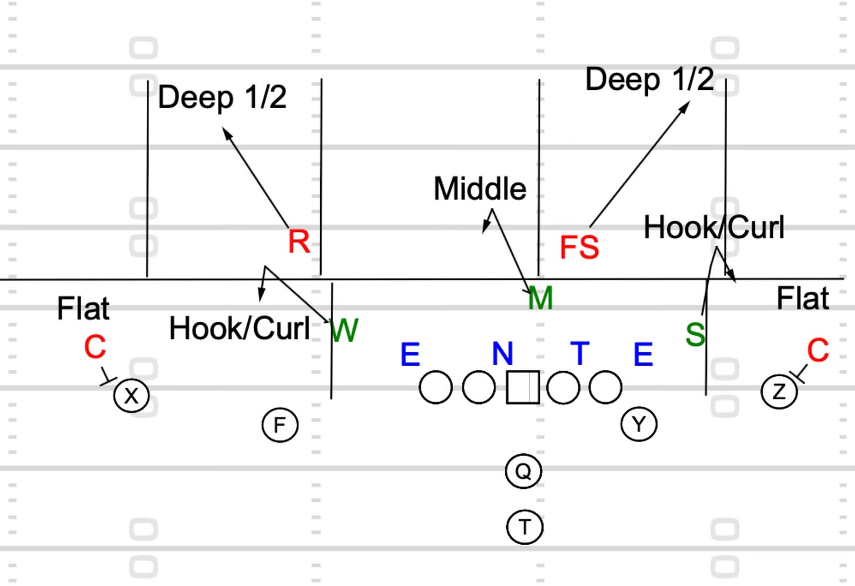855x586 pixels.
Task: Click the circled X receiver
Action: coord(132,396)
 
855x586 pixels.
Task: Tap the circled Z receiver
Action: coord(779,391)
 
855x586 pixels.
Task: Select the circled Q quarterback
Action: coord(523,471)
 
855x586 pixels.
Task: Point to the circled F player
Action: coord(280,425)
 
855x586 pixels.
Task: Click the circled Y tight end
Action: coord(639,423)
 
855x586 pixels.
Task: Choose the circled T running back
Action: coord(524,527)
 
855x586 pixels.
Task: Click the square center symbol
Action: coord(523,387)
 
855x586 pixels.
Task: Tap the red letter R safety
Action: coord(299,242)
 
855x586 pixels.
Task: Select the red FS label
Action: coord(579,247)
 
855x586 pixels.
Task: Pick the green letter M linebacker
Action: coord(540,298)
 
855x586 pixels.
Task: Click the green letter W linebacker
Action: coord(345,331)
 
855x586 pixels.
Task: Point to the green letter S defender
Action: coord(695,335)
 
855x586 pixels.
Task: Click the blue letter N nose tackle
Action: coord(503,353)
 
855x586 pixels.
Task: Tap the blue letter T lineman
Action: coord(580,353)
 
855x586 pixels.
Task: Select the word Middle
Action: coord(480,189)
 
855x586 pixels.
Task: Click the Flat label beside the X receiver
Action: coord(83,309)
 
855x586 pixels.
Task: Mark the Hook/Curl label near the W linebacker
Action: coord(239,329)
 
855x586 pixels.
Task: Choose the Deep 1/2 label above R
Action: coord(222,97)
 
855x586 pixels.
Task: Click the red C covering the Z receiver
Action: coord(817,351)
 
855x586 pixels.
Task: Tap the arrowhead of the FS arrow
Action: coord(686,105)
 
